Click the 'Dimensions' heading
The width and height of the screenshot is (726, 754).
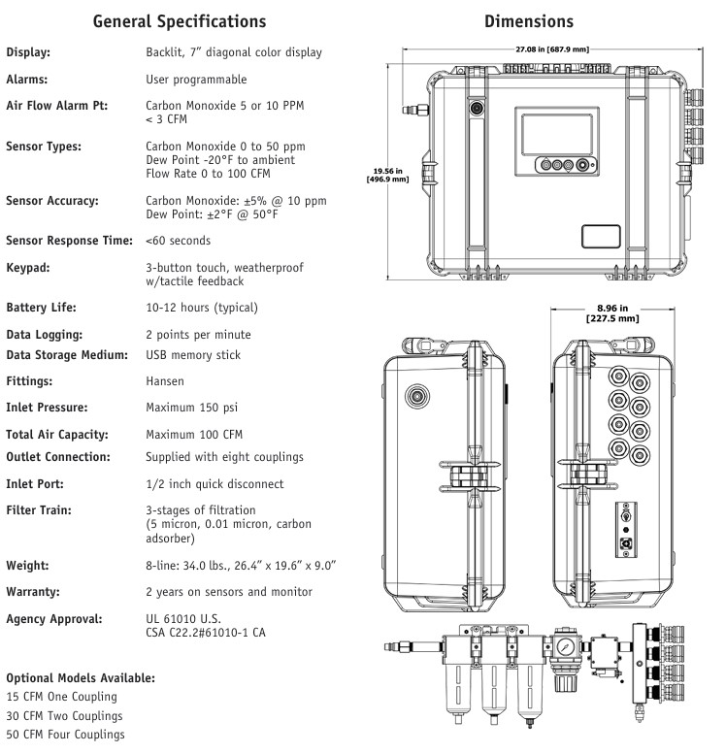coord(529,20)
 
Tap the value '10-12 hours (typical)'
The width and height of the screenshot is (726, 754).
coord(202,308)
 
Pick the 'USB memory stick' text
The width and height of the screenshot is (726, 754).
coord(193,355)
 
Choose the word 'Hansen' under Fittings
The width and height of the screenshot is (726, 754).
coord(165,382)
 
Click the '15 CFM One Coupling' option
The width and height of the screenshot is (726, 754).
coord(61,697)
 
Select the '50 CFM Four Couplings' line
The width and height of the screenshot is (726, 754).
coord(65,735)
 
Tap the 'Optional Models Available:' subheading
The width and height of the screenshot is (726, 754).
coord(81,677)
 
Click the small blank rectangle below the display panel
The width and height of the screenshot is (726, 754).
coord(601,236)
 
